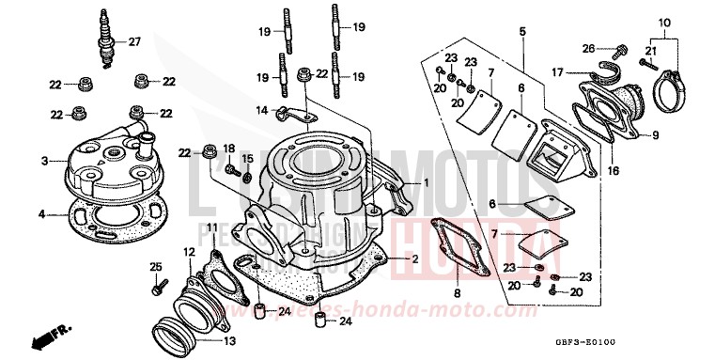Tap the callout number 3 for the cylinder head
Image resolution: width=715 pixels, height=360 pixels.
point(43,162)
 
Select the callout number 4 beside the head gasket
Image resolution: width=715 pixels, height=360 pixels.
point(41,214)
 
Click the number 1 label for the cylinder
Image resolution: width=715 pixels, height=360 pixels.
point(426,181)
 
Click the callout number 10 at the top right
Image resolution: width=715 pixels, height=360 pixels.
point(665,22)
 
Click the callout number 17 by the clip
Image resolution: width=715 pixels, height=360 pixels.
point(556,70)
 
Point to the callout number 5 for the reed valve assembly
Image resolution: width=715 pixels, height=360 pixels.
point(521,31)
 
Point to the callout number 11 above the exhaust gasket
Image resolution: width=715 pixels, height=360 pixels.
point(213,228)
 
